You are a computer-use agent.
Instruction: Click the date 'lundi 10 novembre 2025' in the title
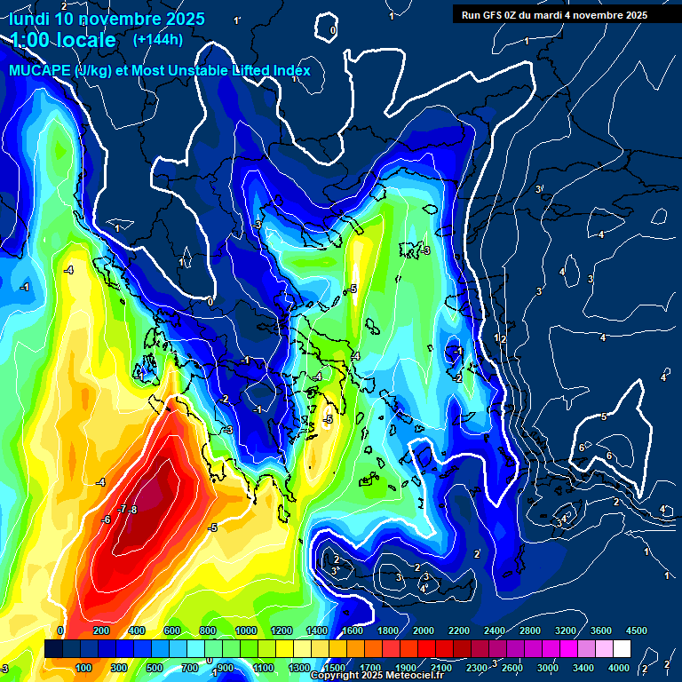[x=107, y=19]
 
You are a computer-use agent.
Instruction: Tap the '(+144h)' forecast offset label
[x=157, y=39]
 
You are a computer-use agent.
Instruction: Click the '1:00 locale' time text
[x=64, y=40]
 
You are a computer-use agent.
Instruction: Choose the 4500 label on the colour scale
[x=637, y=630]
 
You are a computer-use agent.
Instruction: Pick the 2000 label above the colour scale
[x=423, y=630]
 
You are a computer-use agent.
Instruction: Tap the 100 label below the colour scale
[x=84, y=667]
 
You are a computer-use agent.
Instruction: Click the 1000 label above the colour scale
[x=245, y=630]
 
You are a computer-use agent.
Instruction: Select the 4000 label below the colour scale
[x=619, y=667]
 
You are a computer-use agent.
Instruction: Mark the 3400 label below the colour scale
[x=583, y=667]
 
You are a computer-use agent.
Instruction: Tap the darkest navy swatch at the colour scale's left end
[x=53, y=649]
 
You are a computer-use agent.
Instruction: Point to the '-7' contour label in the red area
[x=123, y=509]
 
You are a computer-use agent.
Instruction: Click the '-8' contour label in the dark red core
[x=133, y=510]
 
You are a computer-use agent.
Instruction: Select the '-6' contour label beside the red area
[x=106, y=519]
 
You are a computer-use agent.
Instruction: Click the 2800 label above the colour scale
[x=530, y=630]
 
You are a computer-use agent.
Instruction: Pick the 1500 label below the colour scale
[x=334, y=667]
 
